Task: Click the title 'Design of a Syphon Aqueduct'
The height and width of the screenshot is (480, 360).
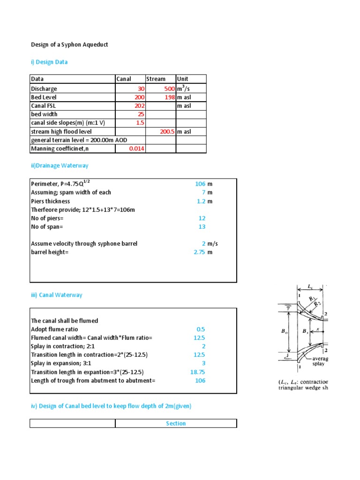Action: click(x=69, y=45)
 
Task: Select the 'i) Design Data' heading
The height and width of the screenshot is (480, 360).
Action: click(x=49, y=62)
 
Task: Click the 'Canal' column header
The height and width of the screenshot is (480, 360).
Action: click(x=124, y=79)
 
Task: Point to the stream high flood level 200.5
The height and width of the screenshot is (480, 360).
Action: click(x=167, y=132)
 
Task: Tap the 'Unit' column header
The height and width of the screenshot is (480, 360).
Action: click(x=182, y=79)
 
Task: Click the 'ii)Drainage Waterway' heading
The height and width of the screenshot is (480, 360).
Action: click(x=60, y=165)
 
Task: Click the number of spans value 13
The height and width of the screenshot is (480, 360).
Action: click(x=202, y=226)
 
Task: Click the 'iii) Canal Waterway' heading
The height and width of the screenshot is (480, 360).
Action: click(x=56, y=295)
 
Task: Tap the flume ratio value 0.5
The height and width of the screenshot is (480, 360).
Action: click(x=201, y=329)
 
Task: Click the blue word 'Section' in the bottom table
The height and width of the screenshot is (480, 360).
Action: click(x=176, y=423)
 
